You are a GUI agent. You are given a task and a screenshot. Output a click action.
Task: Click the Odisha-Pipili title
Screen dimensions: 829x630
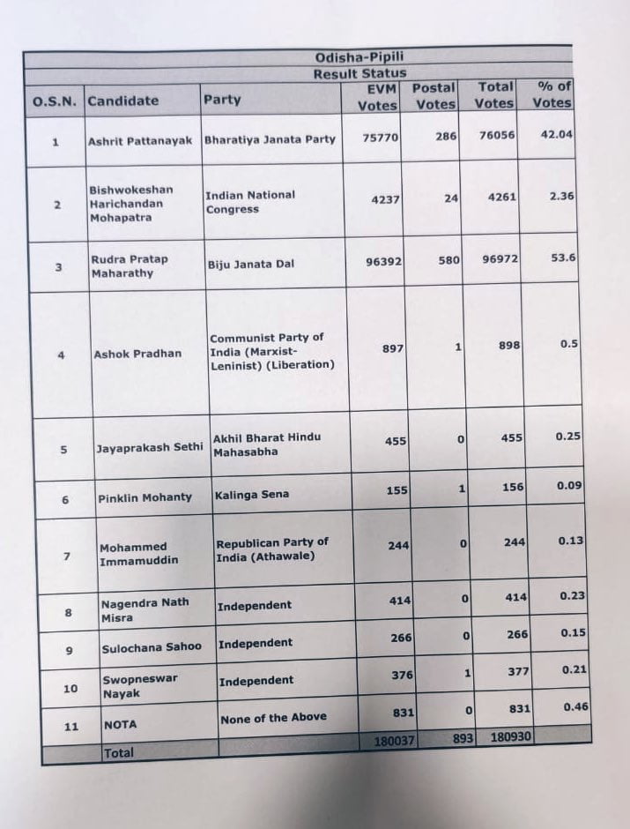tap(359, 58)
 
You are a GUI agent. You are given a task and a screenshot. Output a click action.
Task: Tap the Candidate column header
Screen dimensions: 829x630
tap(123, 100)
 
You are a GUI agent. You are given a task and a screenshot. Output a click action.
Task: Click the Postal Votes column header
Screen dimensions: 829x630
tap(434, 95)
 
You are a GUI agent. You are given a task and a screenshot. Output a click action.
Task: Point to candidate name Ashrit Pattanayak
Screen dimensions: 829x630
tap(140, 140)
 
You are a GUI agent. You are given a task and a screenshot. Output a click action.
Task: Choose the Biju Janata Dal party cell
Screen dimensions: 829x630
tap(250, 264)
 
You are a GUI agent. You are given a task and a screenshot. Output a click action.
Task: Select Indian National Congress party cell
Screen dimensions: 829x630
tap(250, 202)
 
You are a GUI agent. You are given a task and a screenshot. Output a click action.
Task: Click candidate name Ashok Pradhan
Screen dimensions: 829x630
tap(138, 354)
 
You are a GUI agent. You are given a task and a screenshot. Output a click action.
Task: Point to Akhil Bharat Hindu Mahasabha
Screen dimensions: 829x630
tap(267, 444)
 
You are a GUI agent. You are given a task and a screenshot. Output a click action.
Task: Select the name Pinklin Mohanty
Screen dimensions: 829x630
tap(145, 497)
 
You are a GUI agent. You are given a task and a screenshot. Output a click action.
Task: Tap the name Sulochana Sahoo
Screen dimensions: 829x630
tap(151, 646)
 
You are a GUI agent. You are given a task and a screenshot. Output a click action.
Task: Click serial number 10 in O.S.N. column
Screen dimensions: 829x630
tap(70, 688)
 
